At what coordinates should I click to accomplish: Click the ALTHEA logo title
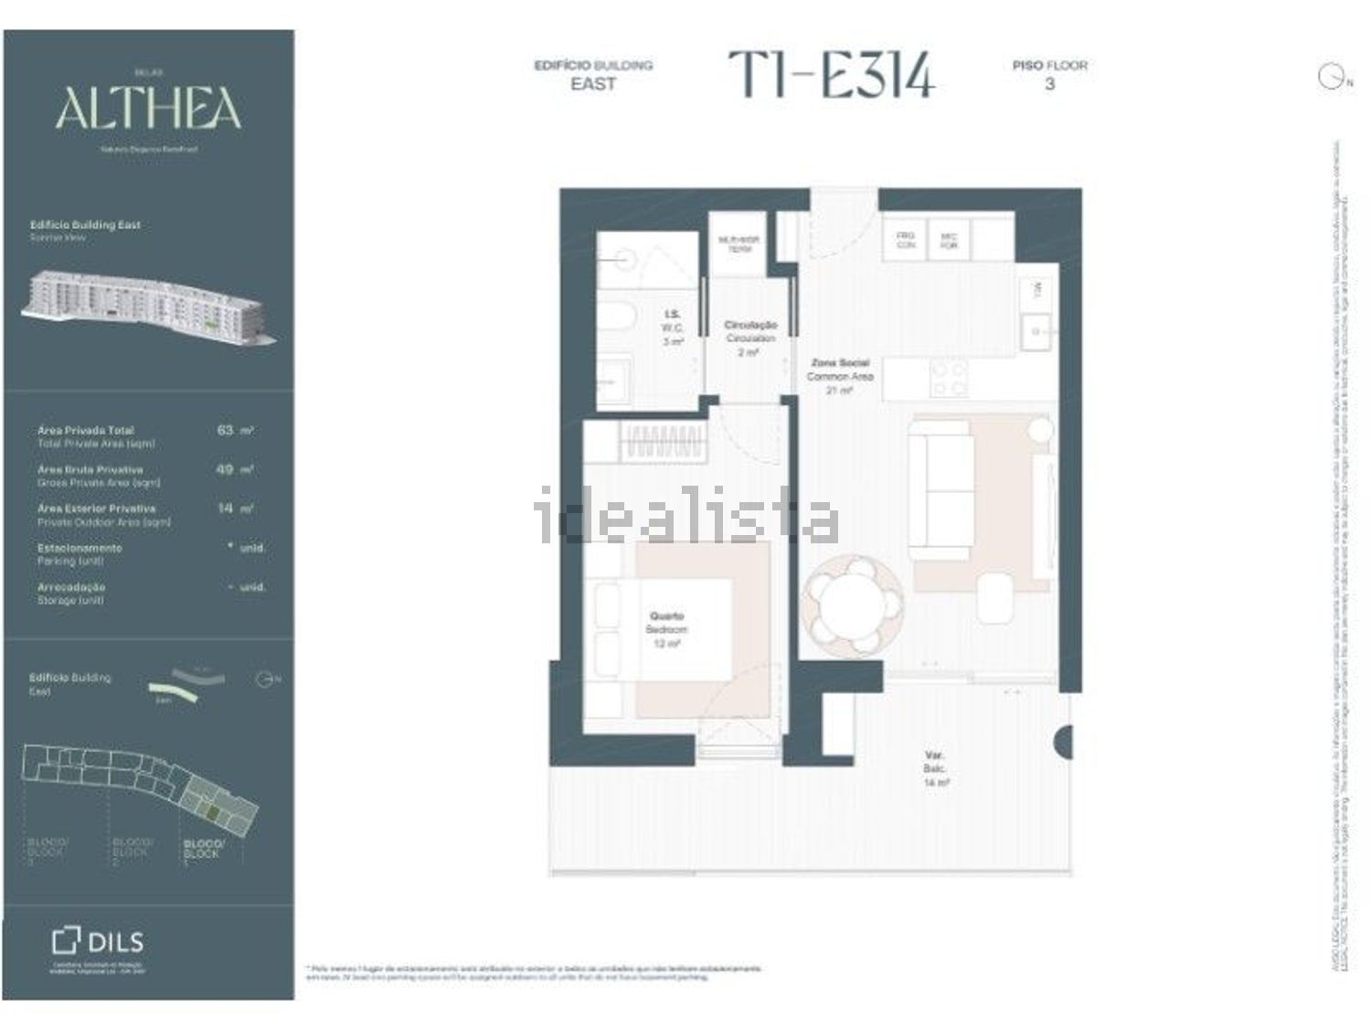148,109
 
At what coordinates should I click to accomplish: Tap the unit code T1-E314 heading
831,75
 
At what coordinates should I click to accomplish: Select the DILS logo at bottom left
98,941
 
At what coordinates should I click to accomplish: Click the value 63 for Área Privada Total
226,430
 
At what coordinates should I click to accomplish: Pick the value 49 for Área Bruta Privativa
226,469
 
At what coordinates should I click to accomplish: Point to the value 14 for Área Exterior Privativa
226,508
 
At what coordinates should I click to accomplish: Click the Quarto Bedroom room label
667,629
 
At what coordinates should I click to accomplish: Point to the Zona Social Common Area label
839,376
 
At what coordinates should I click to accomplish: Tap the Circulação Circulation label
750,338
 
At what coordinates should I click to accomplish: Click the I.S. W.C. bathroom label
673,327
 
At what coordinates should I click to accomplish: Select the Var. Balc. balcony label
934,769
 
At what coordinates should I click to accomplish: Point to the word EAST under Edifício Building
593,84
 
